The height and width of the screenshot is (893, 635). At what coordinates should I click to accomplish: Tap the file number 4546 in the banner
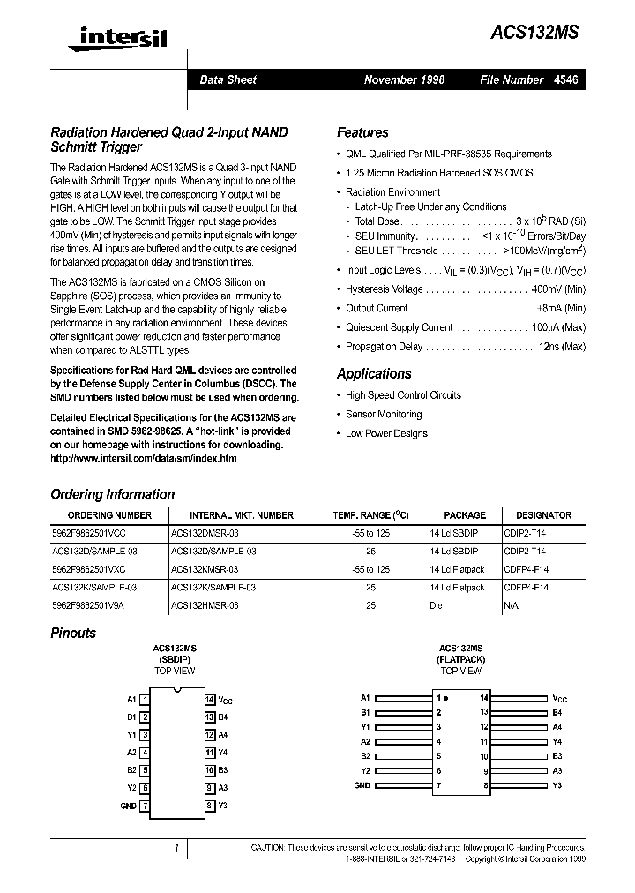coord(566,80)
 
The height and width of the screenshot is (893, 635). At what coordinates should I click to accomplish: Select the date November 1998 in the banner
coord(404,80)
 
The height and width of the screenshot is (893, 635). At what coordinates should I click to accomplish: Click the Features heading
coord(362,132)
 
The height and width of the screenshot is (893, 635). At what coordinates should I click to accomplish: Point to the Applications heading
coord(374,373)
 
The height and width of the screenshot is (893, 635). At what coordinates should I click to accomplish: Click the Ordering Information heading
coord(112,494)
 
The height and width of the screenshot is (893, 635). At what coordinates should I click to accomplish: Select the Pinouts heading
coord(73,633)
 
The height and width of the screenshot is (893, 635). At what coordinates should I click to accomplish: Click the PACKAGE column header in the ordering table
coord(464,515)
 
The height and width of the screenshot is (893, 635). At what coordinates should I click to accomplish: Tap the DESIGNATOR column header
coord(543,515)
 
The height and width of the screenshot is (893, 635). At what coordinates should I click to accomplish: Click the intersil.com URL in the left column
coord(144,459)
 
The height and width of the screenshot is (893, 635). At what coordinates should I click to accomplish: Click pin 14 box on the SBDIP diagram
coord(210,700)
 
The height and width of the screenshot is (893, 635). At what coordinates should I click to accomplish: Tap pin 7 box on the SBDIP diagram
coord(145,806)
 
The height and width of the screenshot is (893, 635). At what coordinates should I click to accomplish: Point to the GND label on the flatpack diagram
coord(362,785)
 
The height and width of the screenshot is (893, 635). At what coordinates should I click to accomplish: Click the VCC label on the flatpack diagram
coord(561,697)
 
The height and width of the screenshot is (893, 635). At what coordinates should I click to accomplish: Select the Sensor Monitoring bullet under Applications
coord(384,414)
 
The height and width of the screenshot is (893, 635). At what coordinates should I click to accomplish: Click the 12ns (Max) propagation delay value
coord(562,347)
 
